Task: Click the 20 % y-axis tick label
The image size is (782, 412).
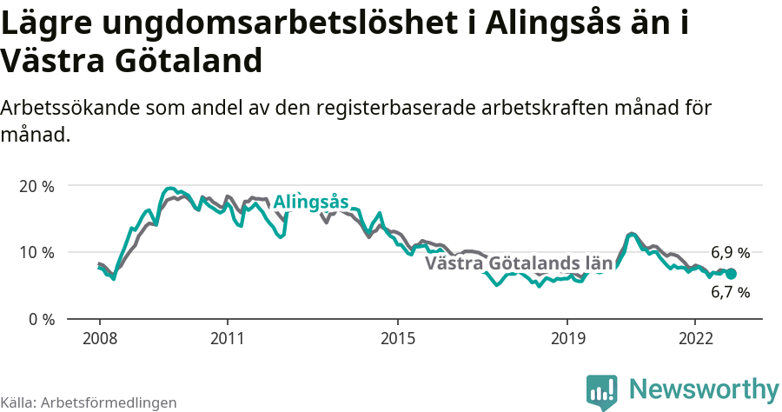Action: click(36, 186)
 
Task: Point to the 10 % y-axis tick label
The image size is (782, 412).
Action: click(36, 252)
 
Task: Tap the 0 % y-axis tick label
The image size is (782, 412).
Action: click(40, 319)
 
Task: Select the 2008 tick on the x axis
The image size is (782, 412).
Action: click(99, 337)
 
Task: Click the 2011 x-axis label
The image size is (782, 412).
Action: click(227, 337)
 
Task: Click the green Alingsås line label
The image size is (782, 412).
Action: click(310, 203)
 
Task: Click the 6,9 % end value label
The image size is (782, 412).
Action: click(730, 253)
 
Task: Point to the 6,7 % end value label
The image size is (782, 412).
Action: click(730, 293)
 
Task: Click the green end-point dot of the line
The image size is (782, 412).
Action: click(731, 273)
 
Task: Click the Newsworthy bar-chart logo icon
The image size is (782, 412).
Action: click(602, 392)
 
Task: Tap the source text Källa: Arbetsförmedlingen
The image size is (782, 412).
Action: click(89, 402)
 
